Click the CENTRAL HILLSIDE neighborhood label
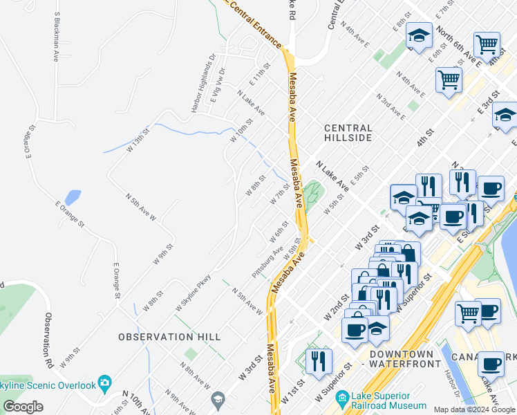[x=348, y=133]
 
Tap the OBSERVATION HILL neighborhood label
[x=169, y=337]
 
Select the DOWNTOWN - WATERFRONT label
[x=404, y=358]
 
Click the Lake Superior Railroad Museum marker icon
[x=341, y=398]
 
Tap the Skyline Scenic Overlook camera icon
[x=104, y=382]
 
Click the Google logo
[x=23, y=407]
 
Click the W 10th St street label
[x=243, y=129]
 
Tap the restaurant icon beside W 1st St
[x=319, y=362]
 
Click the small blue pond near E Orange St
[x=72, y=198]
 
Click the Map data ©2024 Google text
[x=474, y=409]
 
